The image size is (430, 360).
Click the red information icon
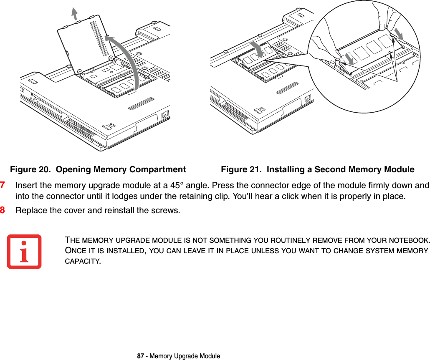[x=24, y=252]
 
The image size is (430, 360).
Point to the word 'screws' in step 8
[x=167, y=209]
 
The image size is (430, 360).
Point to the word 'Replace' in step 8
[x=28, y=209]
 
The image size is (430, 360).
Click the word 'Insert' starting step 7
[x=25, y=185]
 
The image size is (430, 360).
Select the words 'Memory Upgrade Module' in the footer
[x=185, y=356]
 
